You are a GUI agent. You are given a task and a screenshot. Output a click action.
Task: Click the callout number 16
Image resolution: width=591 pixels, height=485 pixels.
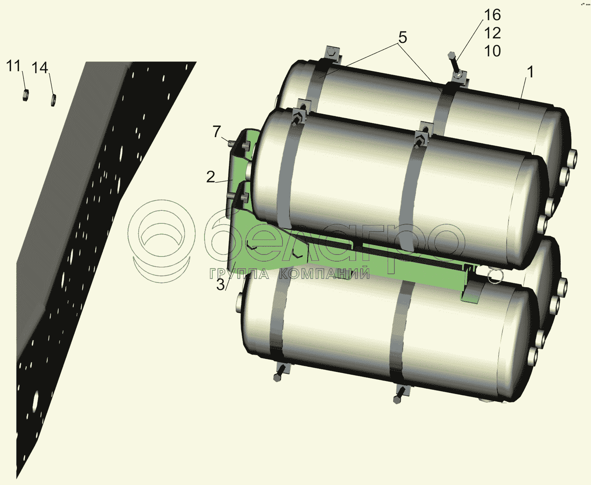pyautogui.click(x=492, y=15)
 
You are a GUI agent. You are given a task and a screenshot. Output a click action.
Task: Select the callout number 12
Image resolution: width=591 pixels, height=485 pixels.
pyautogui.click(x=492, y=33)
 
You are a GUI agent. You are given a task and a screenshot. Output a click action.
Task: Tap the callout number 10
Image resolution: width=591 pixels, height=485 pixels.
pyautogui.click(x=492, y=51)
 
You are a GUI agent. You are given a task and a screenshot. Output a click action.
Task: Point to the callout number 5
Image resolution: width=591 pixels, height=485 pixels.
pyautogui.click(x=402, y=37)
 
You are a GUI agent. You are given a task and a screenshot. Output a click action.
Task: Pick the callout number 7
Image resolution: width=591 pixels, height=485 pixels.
pyautogui.click(x=217, y=132)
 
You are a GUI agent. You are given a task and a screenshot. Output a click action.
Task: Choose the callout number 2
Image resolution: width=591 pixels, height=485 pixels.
pyautogui.click(x=210, y=177)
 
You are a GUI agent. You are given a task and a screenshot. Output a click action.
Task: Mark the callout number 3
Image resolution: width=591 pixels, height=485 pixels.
pyautogui.click(x=220, y=285)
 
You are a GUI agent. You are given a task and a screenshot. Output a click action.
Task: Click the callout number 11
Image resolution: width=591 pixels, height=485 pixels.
pyautogui.click(x=13, y=66)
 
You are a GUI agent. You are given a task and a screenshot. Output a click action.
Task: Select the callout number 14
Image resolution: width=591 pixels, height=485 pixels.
pyautogui.click(x=40, y=68)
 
